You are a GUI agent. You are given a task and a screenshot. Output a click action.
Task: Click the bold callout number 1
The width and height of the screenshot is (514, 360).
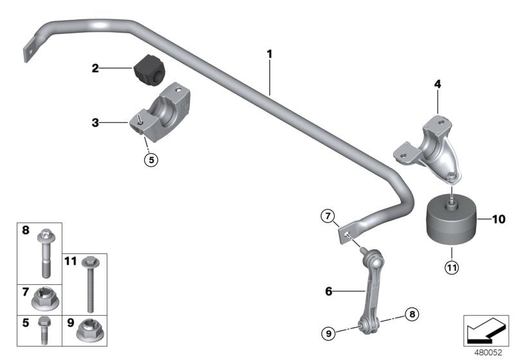(x=270, y=54)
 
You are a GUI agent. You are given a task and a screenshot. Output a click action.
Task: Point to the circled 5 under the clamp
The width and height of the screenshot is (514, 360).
(x=150, y=160)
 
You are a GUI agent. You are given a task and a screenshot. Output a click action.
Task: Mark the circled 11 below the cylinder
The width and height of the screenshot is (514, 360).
(x=452, y=267)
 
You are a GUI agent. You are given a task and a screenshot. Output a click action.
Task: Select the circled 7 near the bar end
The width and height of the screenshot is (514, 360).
(x=326, y=217)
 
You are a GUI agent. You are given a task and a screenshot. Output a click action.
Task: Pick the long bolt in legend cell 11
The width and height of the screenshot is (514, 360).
(x=88, y=282)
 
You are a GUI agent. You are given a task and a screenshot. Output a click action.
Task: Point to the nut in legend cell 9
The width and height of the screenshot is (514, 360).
(x=87, y=332)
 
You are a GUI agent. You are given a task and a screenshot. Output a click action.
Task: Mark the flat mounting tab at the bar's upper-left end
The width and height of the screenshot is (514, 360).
(x=28, y=51)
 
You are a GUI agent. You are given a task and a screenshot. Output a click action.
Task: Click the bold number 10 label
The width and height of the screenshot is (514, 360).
(x=499, y=219)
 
